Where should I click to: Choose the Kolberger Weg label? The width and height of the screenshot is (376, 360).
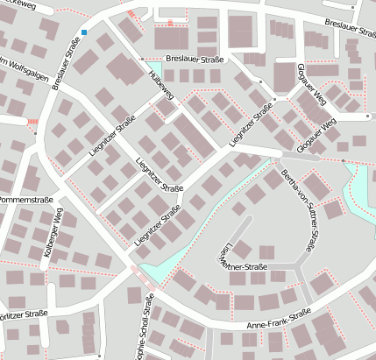(x=52, y=235)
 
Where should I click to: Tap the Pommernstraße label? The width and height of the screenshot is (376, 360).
(x=27, y=200)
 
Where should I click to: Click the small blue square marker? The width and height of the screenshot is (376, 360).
(x=84, y=32)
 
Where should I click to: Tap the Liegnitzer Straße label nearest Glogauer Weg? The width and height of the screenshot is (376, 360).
(x=251, y=127)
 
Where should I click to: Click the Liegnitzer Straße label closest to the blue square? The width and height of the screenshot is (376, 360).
(x=112, y=137)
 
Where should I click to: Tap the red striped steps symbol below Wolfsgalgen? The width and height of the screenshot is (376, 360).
(x=33, y=121)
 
